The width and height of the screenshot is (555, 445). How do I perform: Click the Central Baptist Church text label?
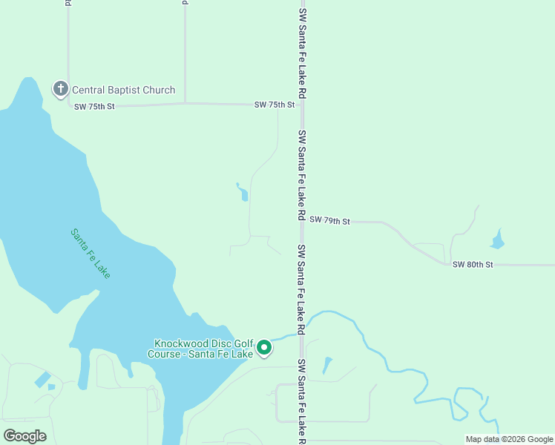pos(123,90)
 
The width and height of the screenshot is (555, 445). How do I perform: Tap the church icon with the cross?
pos(60,90)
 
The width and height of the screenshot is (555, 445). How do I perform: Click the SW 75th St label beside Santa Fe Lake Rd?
pos(275,105)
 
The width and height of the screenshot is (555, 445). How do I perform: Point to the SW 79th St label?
pos(329,220)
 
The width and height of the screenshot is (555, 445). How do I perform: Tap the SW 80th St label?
pos(473,264)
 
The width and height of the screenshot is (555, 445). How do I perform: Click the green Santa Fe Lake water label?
pos(91,253)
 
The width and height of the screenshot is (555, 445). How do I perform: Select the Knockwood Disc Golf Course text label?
pos(203,349)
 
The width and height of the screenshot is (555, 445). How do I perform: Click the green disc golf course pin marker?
pos(264,347)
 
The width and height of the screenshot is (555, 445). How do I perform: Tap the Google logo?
pos(25,436)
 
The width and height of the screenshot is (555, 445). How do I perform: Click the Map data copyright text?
pos(510,439)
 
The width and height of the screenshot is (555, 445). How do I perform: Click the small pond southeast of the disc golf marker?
pos(326,365)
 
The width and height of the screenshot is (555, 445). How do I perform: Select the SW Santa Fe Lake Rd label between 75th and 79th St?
pos(302,175)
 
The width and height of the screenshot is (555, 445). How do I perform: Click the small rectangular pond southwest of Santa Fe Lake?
pos(43,380)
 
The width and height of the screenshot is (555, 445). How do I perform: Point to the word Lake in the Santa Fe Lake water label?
pos(102,268)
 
